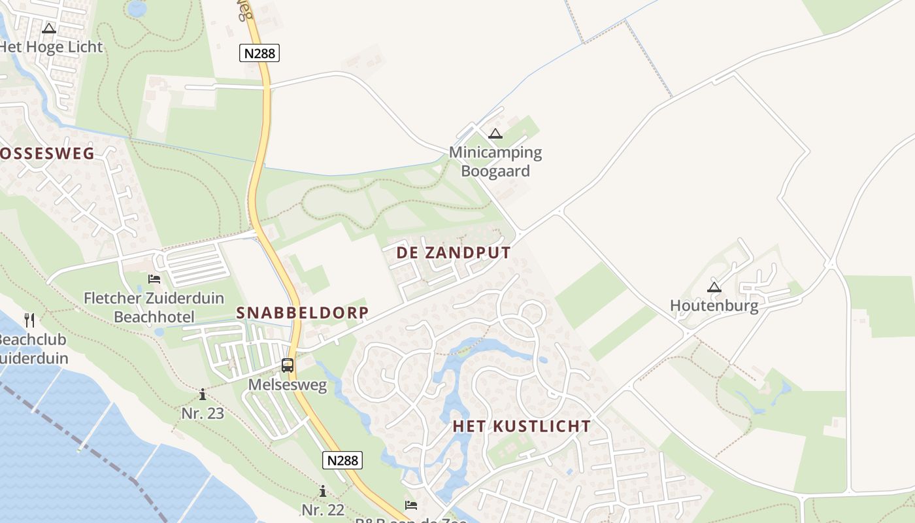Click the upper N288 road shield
coord(260,53)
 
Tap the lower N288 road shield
coord(342,460)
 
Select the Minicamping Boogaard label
coord(495,161)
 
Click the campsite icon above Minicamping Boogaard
coord(495,134)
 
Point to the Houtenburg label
coord(714,305)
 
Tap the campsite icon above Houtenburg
coord(714,286)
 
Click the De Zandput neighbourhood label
coord(454,253)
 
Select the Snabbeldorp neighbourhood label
coord(303,312)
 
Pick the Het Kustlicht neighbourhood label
coord(522,426)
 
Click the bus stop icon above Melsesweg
coord(288,365)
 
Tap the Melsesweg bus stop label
coord(288,385)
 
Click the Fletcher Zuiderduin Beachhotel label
coord(154,307)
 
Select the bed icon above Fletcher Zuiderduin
coord(154,279)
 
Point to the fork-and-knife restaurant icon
coord(29,320)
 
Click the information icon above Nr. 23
coord(203,394)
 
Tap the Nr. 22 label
coord(323,510)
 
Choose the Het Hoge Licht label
coord(51,47)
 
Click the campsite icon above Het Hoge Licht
coord(49,28)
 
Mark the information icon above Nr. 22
coord(323,491)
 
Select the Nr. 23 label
coord(203,413)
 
